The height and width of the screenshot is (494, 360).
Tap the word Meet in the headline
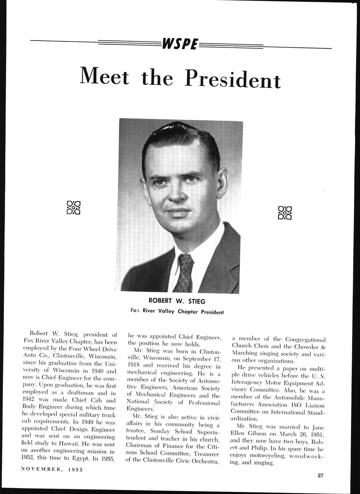[104, 76]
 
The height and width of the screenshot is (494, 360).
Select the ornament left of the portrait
[73, 208]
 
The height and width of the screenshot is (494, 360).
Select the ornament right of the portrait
[285, 212]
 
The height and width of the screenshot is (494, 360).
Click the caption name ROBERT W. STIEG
[177, 301]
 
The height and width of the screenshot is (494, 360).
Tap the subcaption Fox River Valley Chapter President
[177, 311]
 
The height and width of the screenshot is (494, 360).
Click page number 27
[320, 475]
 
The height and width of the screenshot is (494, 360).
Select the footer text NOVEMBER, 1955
[52, 469]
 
